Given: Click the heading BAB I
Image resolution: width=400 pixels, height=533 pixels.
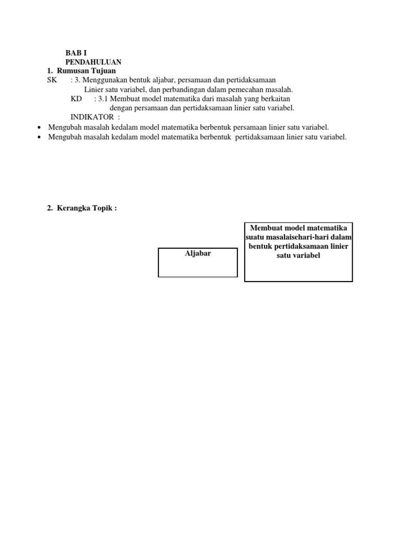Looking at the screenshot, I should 76,53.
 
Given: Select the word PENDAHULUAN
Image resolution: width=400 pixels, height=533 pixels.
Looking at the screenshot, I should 93,62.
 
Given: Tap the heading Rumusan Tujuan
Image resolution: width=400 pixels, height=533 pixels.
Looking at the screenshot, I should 86,71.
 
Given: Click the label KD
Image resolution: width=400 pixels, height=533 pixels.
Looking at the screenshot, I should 77,99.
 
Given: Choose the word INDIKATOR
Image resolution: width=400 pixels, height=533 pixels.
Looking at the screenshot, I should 92,117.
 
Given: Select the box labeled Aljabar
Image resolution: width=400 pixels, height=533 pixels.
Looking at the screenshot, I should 198,262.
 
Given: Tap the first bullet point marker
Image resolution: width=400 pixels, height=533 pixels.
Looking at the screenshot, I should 40,128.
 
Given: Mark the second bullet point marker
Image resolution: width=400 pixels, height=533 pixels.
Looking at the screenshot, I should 40,137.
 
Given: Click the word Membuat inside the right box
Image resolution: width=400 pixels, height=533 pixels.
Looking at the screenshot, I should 266,227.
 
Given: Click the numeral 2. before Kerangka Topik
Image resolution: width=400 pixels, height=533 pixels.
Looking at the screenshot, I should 50,208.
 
